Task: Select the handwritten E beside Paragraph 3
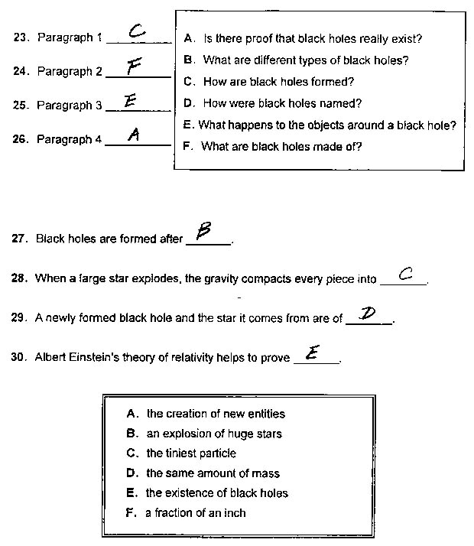point(130,100)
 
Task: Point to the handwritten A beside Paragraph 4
point(134,135)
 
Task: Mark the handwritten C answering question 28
point(406,273)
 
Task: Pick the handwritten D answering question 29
point(370,314)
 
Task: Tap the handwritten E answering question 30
point(313,353)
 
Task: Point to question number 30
point(20,357)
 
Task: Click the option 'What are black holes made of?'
point(273,146)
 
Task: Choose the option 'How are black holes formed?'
point(269,82)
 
